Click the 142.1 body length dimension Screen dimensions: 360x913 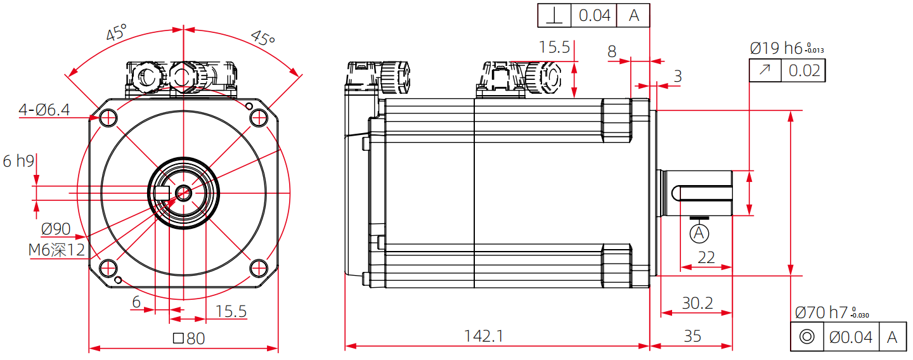click(x=484, y=336)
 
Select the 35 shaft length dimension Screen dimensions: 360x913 click(x=692, y=336)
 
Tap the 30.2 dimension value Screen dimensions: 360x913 click(x=697, y=303)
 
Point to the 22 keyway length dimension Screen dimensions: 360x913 click(x=706, y=257)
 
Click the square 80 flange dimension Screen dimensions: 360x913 click(x=189, y=338)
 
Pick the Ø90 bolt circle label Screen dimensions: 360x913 click(x=56, y=229)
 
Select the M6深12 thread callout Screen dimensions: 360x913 click(x=56, y=250)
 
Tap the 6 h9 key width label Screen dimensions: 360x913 click(x=18, y=162)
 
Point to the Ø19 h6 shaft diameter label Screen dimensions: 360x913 click(x=776, y=48)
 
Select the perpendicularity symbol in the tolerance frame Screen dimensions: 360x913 click(x=554, y=16)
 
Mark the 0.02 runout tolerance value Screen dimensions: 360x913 click(x=804, y=71)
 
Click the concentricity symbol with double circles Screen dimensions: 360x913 click(x=807, y=337)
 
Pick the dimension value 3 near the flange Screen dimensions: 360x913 click(x=678, y=77)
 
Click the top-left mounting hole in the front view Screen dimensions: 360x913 click(x=108, y=118)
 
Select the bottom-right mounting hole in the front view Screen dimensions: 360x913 click(x=258, y=267)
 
